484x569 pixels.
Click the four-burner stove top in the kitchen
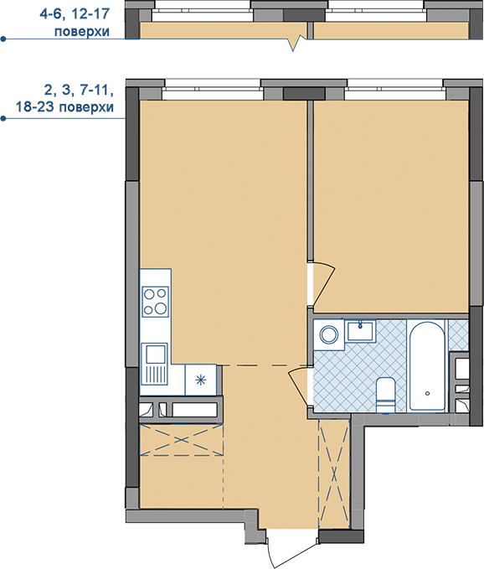[155, 301]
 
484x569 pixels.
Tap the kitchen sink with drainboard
[155, 364]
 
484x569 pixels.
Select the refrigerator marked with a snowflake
[201, 380]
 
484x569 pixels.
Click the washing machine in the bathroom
[329, 334]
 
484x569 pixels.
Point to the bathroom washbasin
[360, 331]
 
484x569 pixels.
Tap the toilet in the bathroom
[385, 396]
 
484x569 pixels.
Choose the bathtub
[427, 365]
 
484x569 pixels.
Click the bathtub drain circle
[427, 393]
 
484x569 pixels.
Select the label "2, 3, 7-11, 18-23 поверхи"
[64, 98]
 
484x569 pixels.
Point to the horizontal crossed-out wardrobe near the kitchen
[181, 439]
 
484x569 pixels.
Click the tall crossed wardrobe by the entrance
[334, 473]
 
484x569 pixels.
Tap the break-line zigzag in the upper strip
[296, 43]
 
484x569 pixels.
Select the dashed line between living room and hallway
[265, 365]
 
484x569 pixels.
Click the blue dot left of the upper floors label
[3, 39]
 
